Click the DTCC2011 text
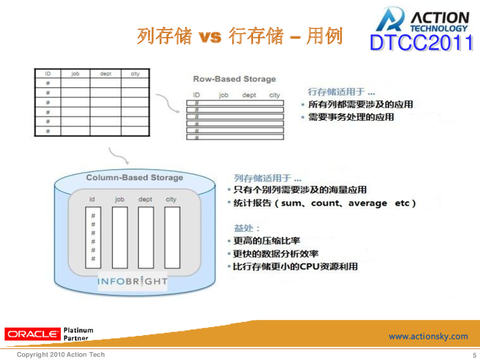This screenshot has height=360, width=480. point(421,44)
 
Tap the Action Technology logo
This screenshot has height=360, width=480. point(422,20)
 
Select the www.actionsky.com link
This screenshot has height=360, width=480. point(428,336)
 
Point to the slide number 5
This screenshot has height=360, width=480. point(474,355)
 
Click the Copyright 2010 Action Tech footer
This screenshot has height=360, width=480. point(60,355)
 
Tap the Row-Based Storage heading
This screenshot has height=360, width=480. point(234,79)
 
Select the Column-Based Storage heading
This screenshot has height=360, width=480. point(135,178)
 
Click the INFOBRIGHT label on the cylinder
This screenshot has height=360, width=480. point(132,281)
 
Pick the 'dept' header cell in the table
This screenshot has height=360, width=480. point(105,74)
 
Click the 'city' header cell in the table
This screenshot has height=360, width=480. point(135,74)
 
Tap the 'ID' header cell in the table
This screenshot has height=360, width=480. point(48,74)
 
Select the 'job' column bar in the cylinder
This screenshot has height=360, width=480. point(120,237)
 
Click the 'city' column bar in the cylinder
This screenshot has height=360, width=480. point(172,237)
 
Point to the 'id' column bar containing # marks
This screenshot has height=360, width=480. point(93,237)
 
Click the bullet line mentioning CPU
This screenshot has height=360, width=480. point(295,266)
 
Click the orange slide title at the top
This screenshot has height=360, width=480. point(240,36)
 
